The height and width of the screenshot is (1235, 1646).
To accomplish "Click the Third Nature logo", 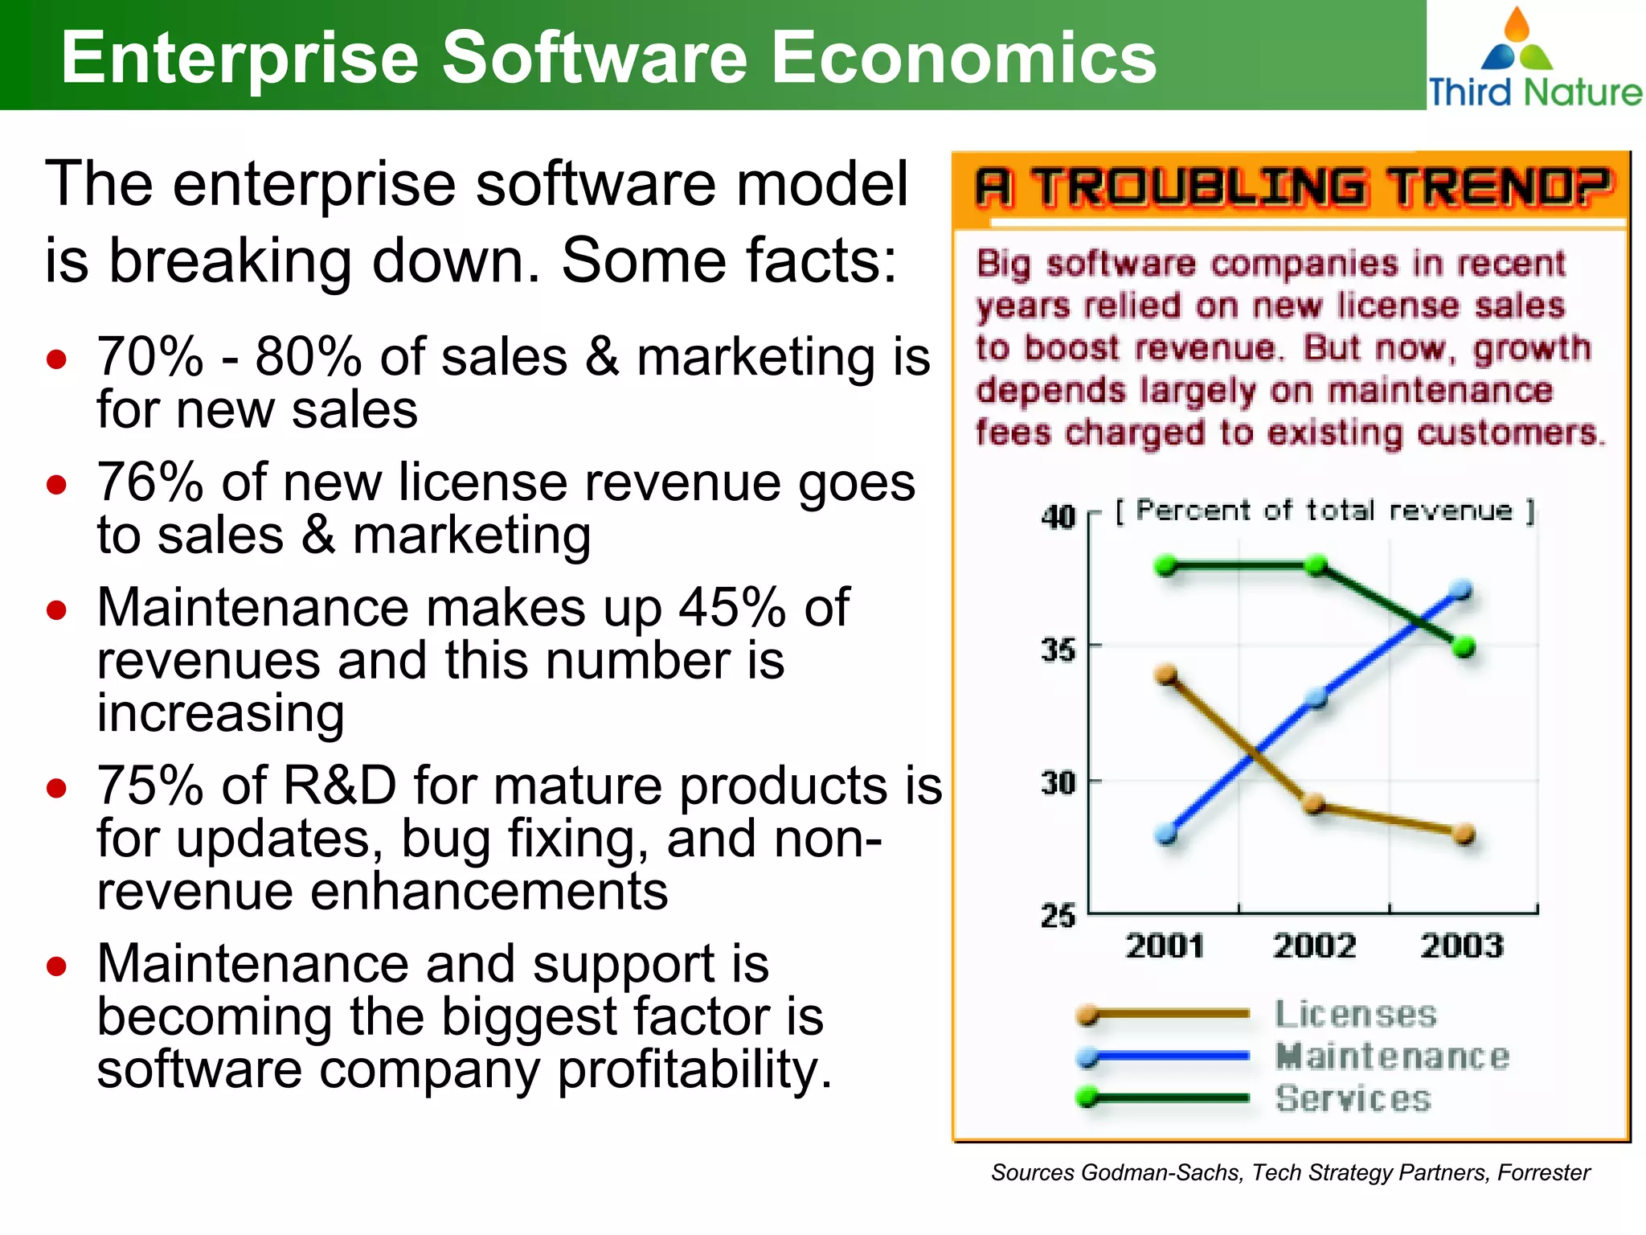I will point(1533,59).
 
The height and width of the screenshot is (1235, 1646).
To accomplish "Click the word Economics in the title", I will point(964,57).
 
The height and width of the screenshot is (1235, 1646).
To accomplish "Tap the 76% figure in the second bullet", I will point(149,482).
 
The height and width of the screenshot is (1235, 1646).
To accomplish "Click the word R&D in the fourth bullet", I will point(340,786).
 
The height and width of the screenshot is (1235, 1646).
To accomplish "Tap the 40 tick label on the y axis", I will point(1058,516).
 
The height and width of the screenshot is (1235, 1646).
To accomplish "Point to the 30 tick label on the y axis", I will point(1058,782).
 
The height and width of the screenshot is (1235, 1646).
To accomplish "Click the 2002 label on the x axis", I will point(1314,946).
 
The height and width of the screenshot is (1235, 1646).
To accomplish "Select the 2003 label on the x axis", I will point(1462,946).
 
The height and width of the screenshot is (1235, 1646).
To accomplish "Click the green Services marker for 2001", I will point(1166,566).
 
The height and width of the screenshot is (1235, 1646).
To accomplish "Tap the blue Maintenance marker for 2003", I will point(1463,591).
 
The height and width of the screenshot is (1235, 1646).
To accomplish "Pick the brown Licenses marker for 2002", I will point(1314,803).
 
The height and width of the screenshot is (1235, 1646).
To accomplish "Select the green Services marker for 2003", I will point(1464,646).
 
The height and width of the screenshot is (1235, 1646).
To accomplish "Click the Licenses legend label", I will point(1355,1014).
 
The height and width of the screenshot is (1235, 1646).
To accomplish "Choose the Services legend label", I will point(1353,1098).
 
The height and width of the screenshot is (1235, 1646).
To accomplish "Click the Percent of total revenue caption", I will point(1324,511).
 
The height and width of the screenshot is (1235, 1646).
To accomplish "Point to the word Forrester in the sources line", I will point(1543,1172).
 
